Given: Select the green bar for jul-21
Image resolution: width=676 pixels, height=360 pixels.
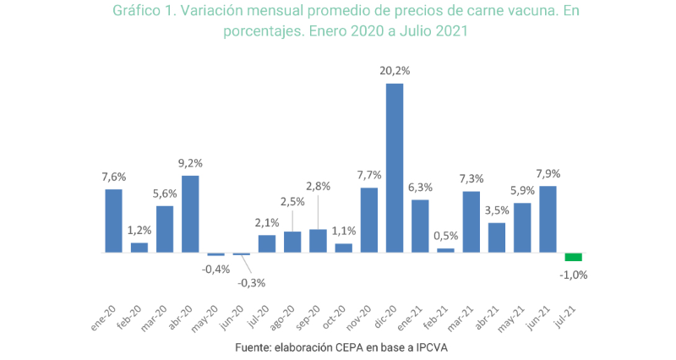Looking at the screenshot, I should tap(574, 257).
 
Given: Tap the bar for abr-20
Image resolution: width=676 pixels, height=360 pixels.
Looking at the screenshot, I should tap(190, 214).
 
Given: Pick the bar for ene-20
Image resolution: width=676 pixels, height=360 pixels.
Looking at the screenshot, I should tap(113, 221).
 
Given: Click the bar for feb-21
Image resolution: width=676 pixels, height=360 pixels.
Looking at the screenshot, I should tap(445, 250).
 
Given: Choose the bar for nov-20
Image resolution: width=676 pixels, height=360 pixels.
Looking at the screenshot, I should tap(369, 220).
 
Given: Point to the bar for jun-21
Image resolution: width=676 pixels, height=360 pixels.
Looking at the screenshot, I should tap(548, 219).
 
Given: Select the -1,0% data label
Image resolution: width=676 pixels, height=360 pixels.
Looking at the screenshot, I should tap(574, 274).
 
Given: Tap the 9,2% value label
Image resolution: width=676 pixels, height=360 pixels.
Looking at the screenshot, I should tap(190, 163).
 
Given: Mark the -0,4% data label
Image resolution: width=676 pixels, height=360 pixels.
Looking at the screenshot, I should tap(215, 269).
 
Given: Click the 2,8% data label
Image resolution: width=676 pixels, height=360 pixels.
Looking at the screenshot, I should tap(319, 184).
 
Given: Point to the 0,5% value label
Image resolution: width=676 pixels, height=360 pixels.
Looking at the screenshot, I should tap(445, 236).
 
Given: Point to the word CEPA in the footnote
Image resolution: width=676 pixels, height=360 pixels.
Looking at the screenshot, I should tap(341, 347).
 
